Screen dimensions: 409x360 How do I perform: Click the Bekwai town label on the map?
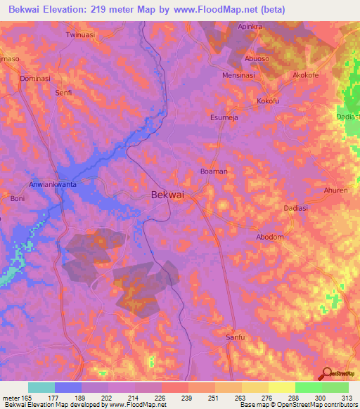coord(168,197)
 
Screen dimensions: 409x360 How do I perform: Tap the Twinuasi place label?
coord(79,34)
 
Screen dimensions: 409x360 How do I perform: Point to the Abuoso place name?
coord(257,58)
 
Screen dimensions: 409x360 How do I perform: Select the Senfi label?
coord(64,93)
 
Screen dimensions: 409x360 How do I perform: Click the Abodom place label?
coord(270,237)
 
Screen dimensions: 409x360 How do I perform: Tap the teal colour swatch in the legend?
coord(41,387)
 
